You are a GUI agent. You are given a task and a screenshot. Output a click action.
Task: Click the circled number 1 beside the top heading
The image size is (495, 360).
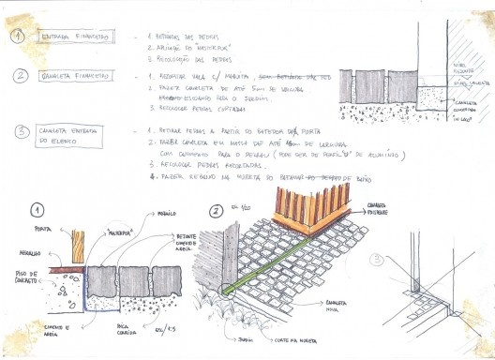(x=17, y=37)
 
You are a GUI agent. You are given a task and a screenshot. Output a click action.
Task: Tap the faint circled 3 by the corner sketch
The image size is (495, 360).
(x=377, y=259)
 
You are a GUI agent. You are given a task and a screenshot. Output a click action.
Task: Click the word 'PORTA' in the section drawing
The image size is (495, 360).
(x=41, y=230)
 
